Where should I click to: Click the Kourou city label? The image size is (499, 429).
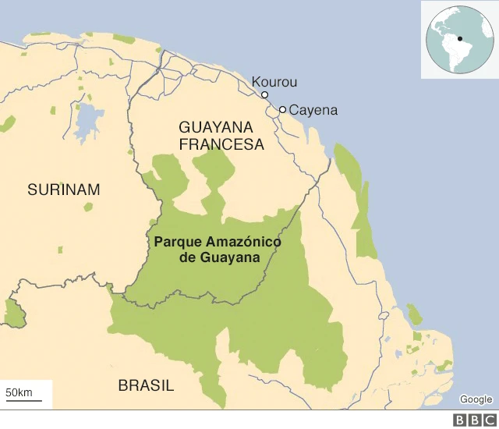point(274,82)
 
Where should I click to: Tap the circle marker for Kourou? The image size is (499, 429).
point(265,95)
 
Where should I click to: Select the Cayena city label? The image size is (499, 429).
point(313,110)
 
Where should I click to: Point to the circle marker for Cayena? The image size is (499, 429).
point(282,110)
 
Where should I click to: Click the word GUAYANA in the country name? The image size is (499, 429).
point(216,126)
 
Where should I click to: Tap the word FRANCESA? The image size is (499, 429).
point(221,144)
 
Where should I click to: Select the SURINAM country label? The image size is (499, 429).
point(64,190)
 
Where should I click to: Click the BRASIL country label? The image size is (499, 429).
point(146,385)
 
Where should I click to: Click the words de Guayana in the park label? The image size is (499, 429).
point(219,257)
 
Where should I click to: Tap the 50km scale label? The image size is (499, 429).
point(19,391)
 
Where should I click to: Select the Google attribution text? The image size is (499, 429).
point(476,399)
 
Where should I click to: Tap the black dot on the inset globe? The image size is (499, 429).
point(460,39)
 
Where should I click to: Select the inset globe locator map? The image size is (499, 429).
point(460,39)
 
